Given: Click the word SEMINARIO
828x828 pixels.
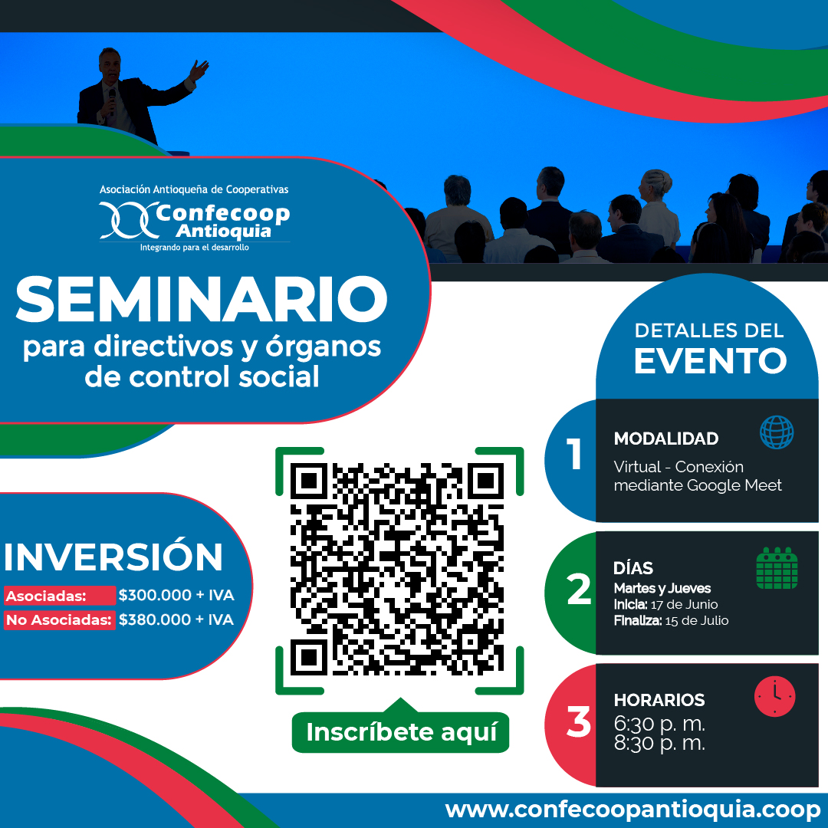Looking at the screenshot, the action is click(202, 300).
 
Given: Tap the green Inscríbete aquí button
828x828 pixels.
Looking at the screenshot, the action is click(400, 732).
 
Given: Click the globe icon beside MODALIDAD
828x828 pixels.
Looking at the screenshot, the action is click(776, 432).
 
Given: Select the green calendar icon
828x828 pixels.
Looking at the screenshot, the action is click(777, 568).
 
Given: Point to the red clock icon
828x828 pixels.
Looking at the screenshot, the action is click(774, 696).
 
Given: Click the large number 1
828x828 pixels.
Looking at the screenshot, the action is click(574, 454).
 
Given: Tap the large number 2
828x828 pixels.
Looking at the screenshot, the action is click(579, 589).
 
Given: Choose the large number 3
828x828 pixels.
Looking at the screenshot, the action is click(579, 721).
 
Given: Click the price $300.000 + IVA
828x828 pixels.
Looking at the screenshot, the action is click(176, 595).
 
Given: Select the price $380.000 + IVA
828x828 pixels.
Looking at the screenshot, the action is click(176, 619).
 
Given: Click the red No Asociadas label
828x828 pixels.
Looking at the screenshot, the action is click(59, 620).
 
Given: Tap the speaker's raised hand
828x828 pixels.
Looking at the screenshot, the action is click(199, 70).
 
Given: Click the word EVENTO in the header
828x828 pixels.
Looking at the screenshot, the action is click(710, 360).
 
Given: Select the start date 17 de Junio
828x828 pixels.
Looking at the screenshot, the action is click(684, 605).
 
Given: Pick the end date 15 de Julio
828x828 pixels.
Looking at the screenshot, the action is click(696, 620).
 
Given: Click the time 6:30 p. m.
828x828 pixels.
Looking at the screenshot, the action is click(659, 724).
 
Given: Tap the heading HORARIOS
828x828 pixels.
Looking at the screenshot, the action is click(659, 700).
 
